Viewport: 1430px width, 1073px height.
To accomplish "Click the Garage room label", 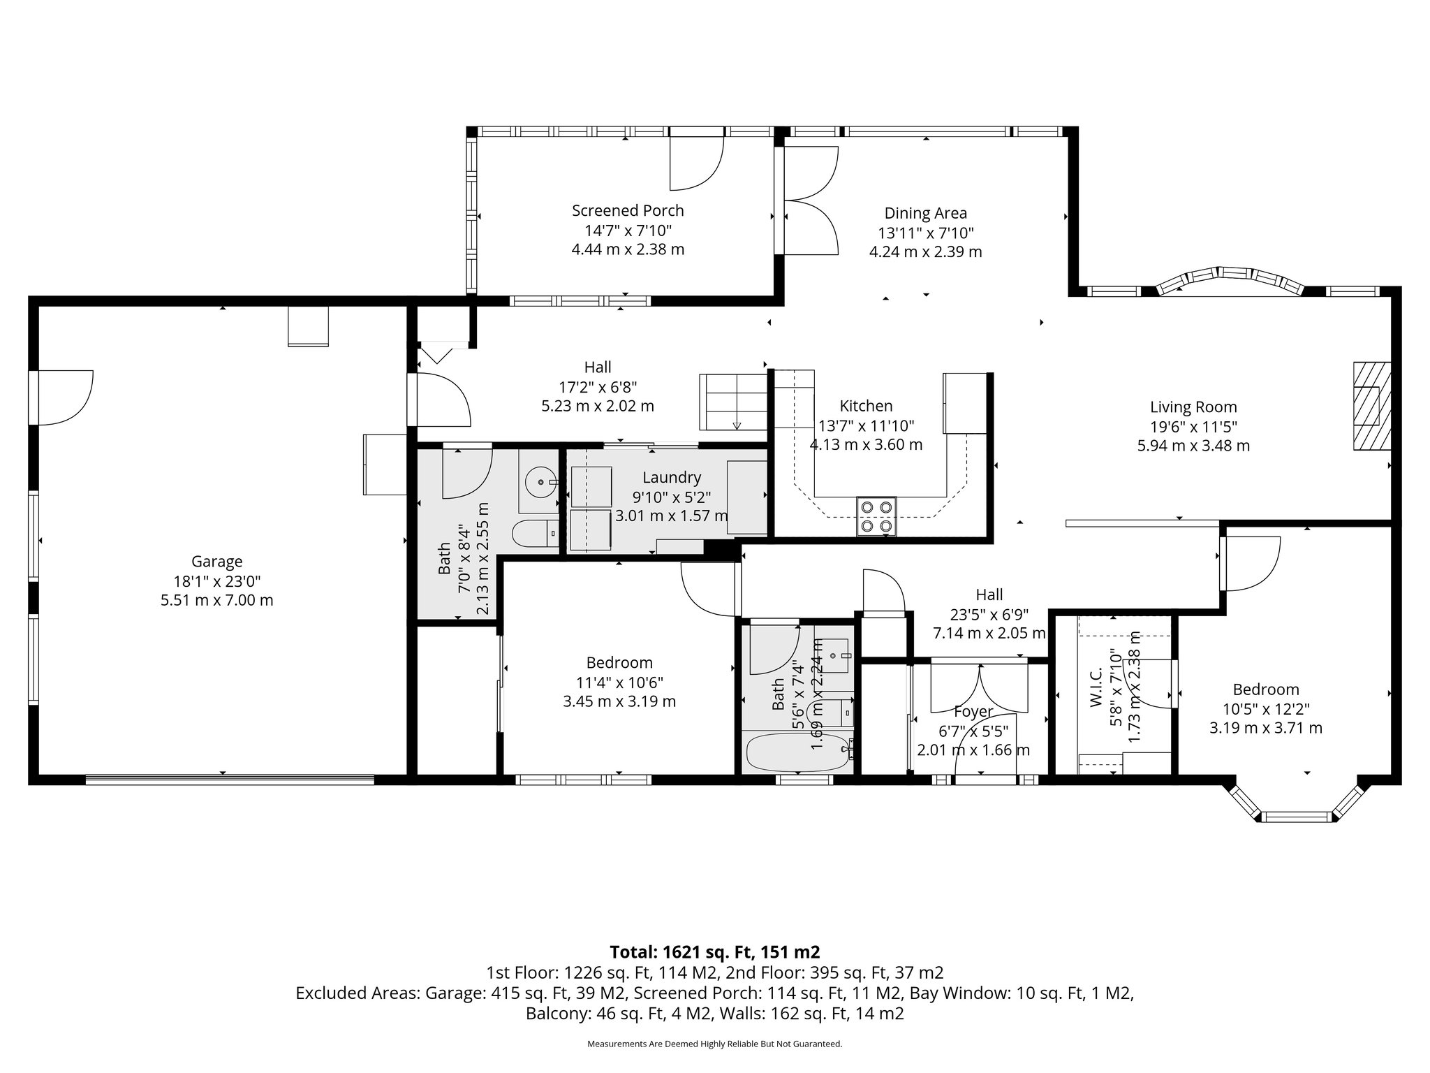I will (216, 562).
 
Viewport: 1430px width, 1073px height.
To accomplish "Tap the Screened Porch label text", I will (628, 210).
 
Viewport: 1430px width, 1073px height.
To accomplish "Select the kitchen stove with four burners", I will (877, 516).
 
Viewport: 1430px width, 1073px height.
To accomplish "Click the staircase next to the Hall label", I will (733, 402).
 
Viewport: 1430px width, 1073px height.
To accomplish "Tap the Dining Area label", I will (925, 213).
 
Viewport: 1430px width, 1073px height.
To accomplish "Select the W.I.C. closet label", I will (1096, 686).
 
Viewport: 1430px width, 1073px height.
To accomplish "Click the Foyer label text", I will (973, 712).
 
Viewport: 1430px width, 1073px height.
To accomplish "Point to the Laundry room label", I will (672, 477).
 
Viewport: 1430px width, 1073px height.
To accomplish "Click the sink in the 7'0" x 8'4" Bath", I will (540, 482).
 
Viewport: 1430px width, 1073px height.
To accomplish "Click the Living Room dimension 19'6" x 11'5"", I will (1193, 426).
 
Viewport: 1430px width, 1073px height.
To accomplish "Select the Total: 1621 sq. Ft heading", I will (714, 951).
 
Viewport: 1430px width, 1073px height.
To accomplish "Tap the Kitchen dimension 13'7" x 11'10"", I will (866, 425).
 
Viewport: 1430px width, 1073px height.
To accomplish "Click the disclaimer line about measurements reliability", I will (714, 1044).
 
